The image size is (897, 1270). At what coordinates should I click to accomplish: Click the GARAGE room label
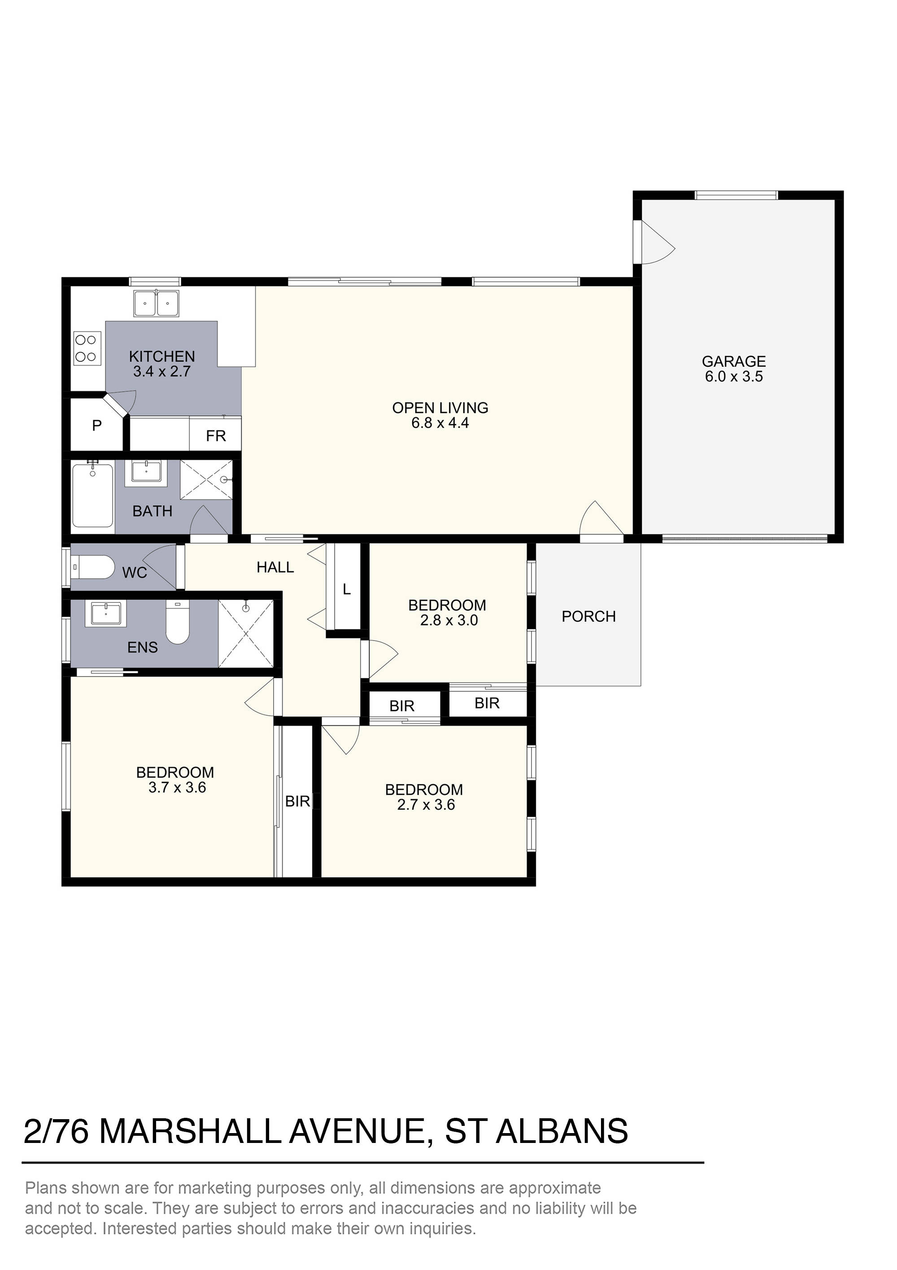pos(733,361)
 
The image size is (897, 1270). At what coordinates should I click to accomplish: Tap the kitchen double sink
pos(157,303)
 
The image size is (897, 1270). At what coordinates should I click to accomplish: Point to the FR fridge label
pos(216,436)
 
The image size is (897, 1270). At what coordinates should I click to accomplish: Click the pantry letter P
pos(97,426)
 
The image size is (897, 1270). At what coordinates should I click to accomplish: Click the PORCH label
pos(588,616)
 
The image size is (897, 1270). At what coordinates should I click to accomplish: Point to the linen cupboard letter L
pos(347,589)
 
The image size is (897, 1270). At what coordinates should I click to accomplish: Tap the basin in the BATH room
pos(146,473)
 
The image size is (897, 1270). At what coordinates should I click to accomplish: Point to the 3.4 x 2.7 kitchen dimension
pos(161,371)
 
